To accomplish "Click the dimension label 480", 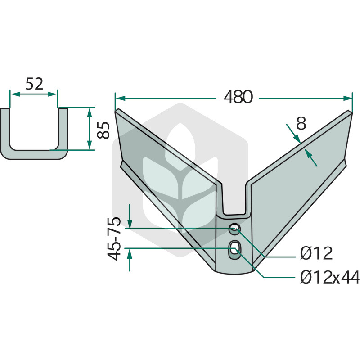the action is [238, 97].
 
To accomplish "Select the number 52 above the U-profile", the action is [34, 84].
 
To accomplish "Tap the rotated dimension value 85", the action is [103, 130].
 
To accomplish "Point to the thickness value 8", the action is [301, 123].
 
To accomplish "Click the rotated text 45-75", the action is [114, 238].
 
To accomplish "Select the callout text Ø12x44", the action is [330, 277].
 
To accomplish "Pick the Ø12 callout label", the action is [316, 253].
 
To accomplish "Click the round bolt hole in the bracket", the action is [234, 229].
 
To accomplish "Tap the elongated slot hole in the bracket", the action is [234, 250].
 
